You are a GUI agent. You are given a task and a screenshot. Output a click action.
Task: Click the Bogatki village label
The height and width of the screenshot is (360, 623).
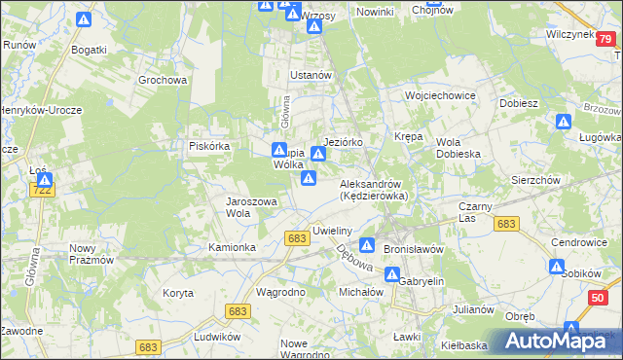pos(89,48)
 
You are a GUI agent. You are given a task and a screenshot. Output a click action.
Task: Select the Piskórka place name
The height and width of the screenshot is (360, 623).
pos(208,146)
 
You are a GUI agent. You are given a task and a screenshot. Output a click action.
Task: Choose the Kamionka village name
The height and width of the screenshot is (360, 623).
pos(232,247)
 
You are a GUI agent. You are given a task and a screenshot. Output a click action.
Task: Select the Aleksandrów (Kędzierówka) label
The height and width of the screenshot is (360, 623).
pos(379,189)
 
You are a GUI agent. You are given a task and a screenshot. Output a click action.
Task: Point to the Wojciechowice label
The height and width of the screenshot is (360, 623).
pos(439,96)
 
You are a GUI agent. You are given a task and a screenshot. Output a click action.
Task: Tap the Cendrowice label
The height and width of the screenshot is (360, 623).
pos(578,241)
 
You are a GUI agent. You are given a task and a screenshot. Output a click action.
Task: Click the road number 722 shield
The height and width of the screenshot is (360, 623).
pos(41,192)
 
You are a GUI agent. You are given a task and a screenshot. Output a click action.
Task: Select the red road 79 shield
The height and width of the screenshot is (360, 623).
pos(606,38)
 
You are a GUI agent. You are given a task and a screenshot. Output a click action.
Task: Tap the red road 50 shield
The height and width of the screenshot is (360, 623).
pos(598,300)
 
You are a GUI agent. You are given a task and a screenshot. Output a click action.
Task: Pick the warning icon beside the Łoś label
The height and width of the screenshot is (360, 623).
pos(44,179)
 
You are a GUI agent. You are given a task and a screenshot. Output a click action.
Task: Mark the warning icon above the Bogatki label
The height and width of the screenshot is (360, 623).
pos(84,19)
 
